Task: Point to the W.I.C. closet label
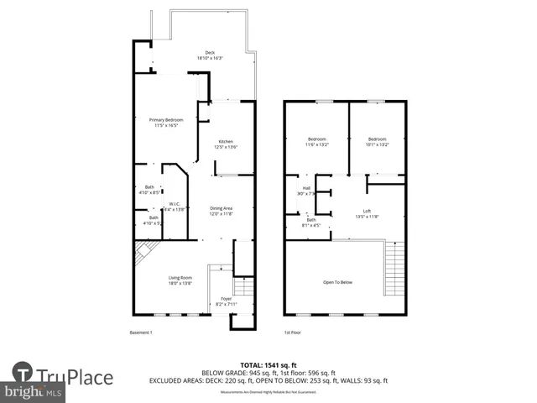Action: (174, 207)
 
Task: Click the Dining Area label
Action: (221, 211)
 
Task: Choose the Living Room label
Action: (180, 280)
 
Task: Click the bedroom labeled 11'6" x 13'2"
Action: (316, 142)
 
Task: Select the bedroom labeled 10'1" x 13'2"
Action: (377, 142)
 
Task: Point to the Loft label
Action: (368, 213)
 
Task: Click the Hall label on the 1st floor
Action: (306, 191)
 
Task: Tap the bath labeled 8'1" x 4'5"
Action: (310, 222)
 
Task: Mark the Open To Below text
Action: (337, 282)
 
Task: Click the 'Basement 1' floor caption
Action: (141, 333)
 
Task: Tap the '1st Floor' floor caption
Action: (293, 333)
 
